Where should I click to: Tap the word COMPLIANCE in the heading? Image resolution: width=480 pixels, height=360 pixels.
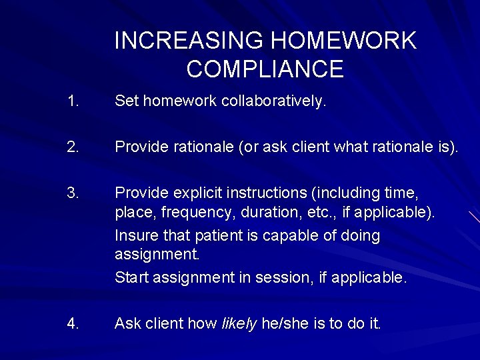point(265,69)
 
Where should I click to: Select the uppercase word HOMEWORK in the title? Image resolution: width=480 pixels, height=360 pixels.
point(343,41)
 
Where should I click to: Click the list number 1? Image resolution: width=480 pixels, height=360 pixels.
point(73,101)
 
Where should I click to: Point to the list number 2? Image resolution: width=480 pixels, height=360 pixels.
point(73,147)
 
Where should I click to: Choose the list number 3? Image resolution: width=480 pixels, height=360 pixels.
point(73,193)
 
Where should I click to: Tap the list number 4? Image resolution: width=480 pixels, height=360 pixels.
point(73,323)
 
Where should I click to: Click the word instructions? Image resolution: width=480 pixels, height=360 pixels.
point(267,193)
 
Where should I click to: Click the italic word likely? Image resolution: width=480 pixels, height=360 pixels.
point(239,324)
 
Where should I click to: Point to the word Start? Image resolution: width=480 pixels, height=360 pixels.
point(131,277)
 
